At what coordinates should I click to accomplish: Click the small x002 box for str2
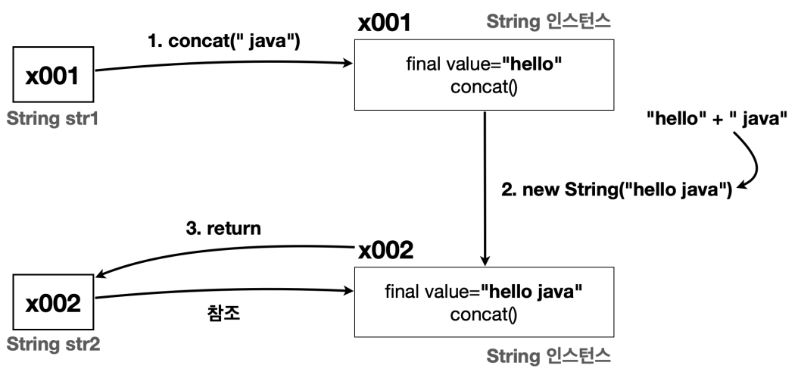coord(53,305)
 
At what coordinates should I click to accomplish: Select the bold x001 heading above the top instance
coord(384,23)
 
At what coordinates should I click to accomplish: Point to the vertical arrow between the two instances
coord(485,189)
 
